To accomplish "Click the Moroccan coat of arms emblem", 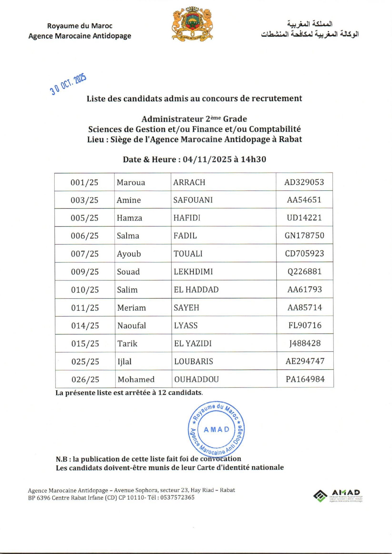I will (192, 24).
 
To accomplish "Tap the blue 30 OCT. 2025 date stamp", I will (68, 84).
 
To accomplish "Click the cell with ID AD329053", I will (304, 182).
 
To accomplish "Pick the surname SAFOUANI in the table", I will (193, 200).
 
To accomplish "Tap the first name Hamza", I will (129, 218).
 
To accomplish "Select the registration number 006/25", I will (84, 236).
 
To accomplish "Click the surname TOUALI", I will (188, 254).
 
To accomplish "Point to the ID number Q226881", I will (304, 272).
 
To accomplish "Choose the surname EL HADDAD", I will (196, 290).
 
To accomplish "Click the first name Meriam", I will (131, 308).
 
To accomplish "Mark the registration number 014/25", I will (85, 326).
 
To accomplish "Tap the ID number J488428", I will (305, 343).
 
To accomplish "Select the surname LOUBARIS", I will (193, 361).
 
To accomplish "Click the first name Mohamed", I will (136, 379).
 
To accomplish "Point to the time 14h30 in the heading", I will (253, 159).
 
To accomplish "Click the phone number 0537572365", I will (177, 498).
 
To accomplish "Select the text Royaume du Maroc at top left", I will (80, 26).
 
